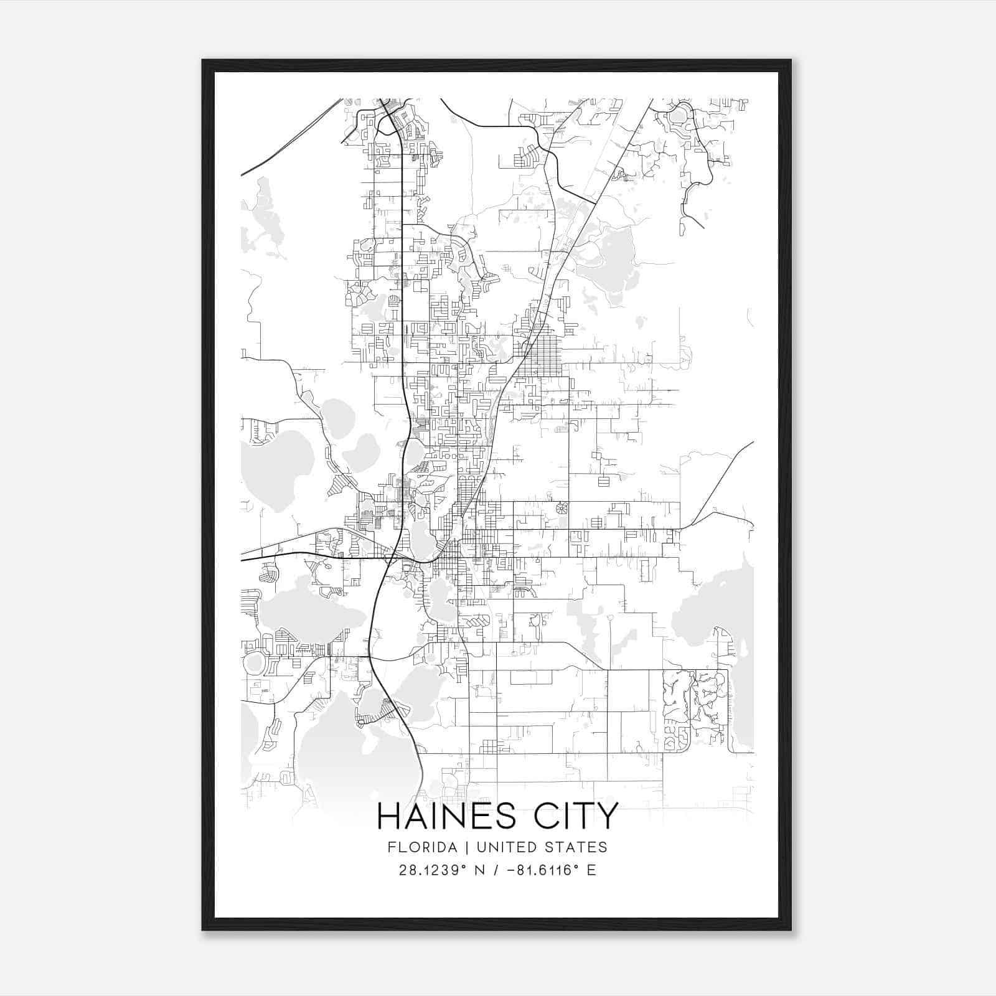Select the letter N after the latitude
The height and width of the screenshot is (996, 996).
pyautogui.click(x=479, y=870)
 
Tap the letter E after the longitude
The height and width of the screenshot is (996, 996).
pyautogui.click(x=591, y=870)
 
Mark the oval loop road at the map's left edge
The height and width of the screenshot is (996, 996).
pyautogui.click(x=254, y=664)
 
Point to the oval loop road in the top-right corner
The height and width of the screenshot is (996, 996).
pyautogui.click(x=679, y=115)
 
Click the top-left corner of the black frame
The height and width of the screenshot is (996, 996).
pyautogui.click(x=203, y=60)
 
